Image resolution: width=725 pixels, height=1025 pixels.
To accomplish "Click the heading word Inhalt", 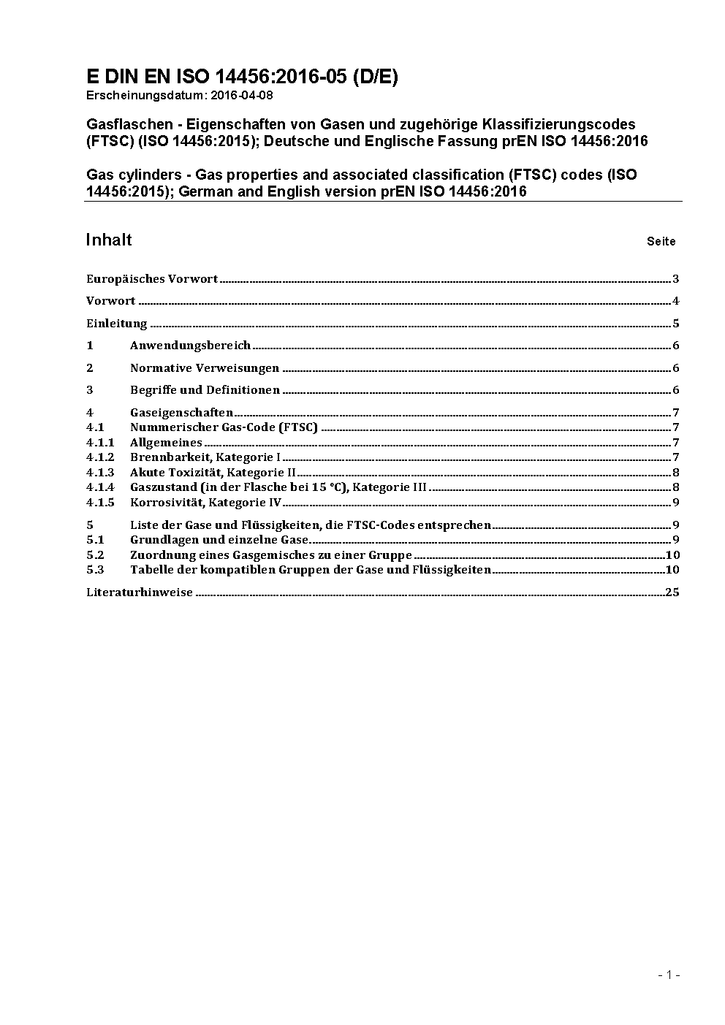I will click(109, 240).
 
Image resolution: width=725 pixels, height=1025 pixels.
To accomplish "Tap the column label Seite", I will click(661, 242).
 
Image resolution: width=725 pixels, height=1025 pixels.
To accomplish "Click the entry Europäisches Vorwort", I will click(152, 279).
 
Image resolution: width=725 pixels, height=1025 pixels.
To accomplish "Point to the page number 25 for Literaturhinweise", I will click(672, 592).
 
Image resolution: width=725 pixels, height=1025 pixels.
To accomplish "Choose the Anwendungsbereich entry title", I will click(190, 346).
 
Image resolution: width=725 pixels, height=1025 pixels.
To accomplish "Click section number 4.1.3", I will click(100, 473).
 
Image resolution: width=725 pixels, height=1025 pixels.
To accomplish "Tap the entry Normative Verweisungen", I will click(205, 368).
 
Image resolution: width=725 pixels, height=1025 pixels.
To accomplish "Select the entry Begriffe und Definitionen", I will click(205, 390).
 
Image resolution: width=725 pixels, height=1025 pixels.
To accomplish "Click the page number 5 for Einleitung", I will click(676, 324).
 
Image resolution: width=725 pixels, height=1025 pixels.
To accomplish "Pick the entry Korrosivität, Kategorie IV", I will click(205, 503).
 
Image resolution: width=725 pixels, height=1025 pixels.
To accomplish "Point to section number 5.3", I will click(95, 570).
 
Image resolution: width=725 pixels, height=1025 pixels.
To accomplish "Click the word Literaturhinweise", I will click(140, 592).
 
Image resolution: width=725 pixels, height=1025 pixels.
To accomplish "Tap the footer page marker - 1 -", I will click(669, 975).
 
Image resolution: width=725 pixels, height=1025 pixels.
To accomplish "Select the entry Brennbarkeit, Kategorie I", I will click(205, 458).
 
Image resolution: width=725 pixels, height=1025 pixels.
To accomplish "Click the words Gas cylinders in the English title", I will click(130, 175).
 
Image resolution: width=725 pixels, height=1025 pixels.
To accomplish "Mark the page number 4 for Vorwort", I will click(676, 301).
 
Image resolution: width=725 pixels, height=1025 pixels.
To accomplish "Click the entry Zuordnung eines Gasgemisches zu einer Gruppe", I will click(270, 555).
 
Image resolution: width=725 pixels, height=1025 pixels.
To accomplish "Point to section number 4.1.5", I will click(100, 503).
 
